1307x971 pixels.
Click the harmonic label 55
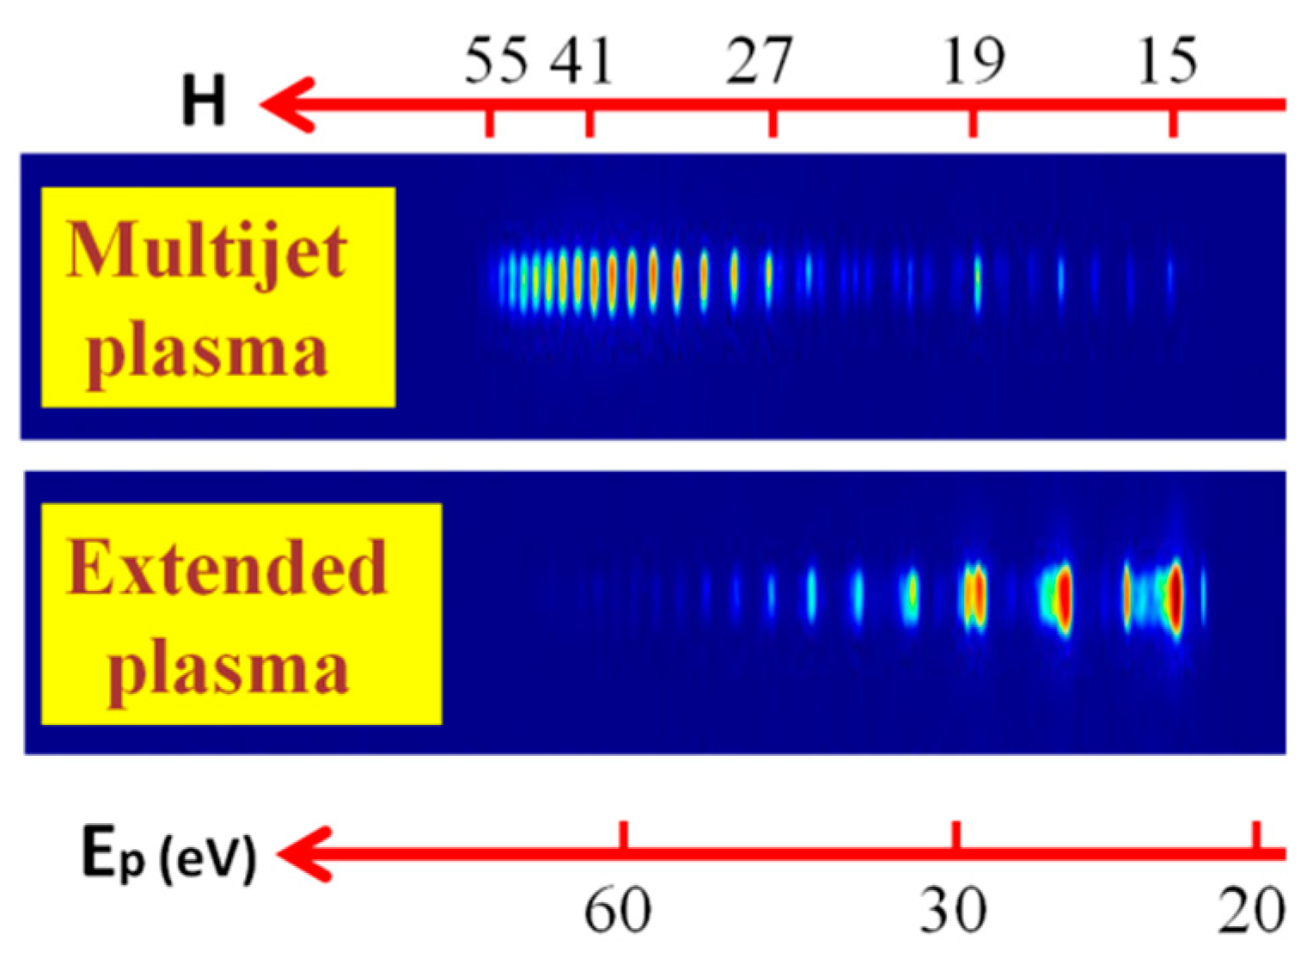pyautogui.click(x=496, y=62)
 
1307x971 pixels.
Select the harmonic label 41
pyautogui.click(x=583, y=62)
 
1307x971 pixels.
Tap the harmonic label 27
pyautogui.click(x=758, y=62)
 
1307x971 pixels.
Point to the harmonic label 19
pyautogui.click(x=973, y=62)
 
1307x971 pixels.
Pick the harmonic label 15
pyautogui.click(x=1167, y=62)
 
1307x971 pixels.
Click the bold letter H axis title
pyautogui.click(x=204, y=101)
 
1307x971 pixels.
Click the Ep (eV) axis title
pyautogui.click(x=168, y=854)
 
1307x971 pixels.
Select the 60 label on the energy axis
pyautogui.click(x=617, y=910)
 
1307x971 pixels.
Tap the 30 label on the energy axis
pyautogui.click(x=953, y=910)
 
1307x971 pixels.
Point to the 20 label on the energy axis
pyautogui.click(x=1251, y=910)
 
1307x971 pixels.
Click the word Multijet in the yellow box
pyautogui.click(x=206, y=251)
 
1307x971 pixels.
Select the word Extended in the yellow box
pyautogui.click(x=226, y=568)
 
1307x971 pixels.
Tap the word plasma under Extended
pyautogui.click(x=229, y=668)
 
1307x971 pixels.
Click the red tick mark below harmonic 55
pyautogui.click(x=490, y=122)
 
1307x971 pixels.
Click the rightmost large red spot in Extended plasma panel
pyautogui.click(x=1175, y=598)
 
